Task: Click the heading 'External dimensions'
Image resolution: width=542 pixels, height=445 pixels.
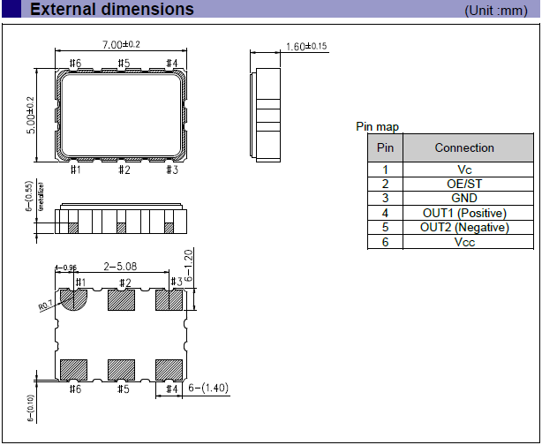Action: [x=112, y=10]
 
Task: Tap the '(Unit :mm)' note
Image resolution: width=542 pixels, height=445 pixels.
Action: [x=498, y=11]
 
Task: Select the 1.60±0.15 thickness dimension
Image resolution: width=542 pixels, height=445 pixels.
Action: [x=308, y=46]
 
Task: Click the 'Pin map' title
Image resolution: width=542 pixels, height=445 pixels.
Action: [x=377, y=127]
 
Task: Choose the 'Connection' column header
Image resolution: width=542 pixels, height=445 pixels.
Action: [x=464, y=148]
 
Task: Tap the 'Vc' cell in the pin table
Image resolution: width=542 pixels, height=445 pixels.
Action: [x=464, y=170]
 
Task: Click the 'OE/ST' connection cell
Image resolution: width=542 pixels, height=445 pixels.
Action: [x=464, y=184]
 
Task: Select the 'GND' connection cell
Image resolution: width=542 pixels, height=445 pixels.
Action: [x=464, y=198]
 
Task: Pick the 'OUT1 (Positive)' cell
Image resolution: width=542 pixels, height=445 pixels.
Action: [x=464, y=213]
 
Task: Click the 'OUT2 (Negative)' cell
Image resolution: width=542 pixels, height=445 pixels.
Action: [x=464, y=227]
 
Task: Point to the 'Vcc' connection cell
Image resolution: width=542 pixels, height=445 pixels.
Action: [x=464, y=241]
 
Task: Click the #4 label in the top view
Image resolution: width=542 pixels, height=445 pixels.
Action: [x=172, y=64]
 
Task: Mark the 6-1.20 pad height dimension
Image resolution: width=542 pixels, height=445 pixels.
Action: [x=200, y=262]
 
